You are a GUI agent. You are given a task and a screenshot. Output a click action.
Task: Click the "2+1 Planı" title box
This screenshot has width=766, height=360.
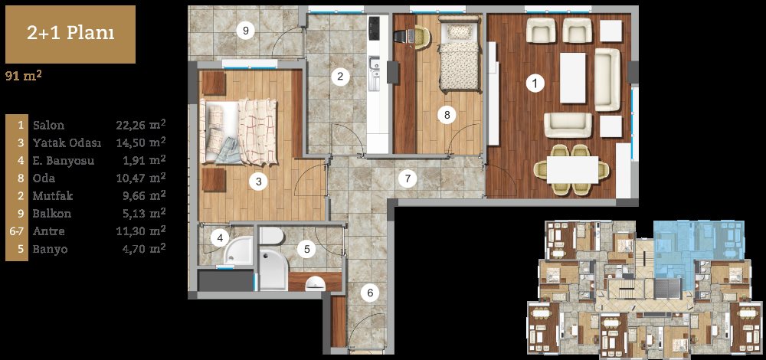click(x=70, y=34)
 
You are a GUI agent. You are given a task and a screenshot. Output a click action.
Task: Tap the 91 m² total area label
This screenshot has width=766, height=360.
click(x=22, y=76)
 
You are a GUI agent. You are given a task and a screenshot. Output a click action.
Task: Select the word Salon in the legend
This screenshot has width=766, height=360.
click(x=48, y=125)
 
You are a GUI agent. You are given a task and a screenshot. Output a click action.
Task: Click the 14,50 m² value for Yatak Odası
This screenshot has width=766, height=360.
click(x=141, y=142)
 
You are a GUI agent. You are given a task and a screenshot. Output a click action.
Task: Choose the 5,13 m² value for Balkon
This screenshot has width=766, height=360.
click(x=144, y=214)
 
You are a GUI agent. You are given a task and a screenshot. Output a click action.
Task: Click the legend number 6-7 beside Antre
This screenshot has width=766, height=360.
click(x=17, y=231)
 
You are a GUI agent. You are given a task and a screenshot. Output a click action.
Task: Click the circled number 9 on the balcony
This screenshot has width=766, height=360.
click(x=246, y=31)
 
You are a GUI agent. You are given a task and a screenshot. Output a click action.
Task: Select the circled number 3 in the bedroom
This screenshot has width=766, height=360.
click(x=258, y=182)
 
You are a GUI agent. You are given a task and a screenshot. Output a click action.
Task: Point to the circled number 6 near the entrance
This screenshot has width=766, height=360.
click(x=370, y=293)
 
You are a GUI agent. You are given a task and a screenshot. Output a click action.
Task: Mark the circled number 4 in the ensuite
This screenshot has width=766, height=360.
click(x=220, y=238)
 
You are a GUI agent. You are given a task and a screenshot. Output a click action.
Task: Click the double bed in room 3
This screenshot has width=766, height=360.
click(x=238, y=132)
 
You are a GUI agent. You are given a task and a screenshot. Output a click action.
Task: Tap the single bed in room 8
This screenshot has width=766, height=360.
click(x=459, y=54)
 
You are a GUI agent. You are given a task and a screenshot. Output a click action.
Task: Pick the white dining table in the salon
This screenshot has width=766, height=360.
click(x=573, y=169)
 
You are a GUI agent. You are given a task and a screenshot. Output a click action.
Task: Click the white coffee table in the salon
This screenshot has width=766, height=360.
click(x=572, y=77)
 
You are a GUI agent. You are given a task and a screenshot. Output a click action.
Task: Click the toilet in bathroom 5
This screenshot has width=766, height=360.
click(x=272, y=236)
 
